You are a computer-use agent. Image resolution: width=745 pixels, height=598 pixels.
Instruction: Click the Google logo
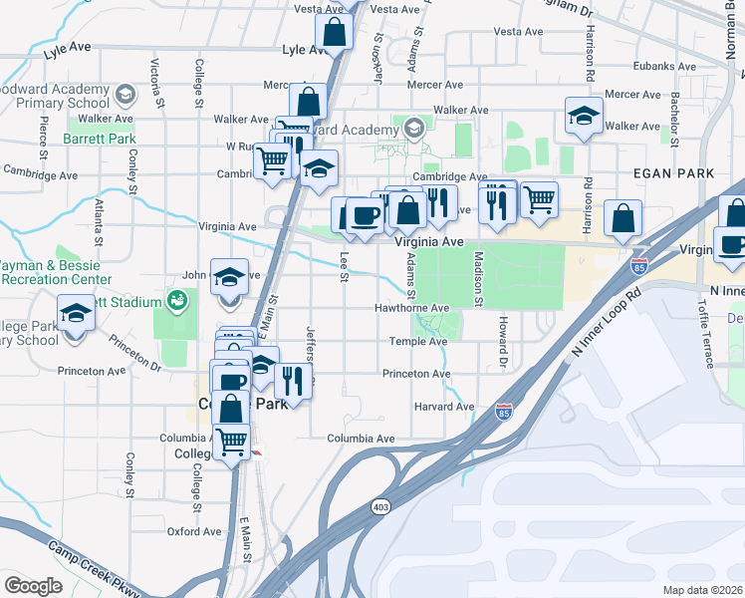33,585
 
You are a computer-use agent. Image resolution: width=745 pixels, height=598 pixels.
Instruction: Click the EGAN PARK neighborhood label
674,173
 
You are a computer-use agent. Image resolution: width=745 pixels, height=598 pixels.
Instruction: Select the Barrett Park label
100,140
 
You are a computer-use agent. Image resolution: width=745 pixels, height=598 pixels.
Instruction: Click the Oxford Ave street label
194,531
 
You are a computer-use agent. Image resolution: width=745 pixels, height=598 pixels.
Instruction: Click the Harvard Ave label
444,407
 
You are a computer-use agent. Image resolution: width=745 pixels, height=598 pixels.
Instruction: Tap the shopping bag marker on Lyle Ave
335,33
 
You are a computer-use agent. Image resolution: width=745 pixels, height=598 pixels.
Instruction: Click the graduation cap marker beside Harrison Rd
584,116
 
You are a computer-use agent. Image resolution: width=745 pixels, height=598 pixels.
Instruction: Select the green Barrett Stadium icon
177,299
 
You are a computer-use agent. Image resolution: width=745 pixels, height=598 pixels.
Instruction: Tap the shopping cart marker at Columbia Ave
232,440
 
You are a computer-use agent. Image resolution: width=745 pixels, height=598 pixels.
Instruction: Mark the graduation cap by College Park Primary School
76,314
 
